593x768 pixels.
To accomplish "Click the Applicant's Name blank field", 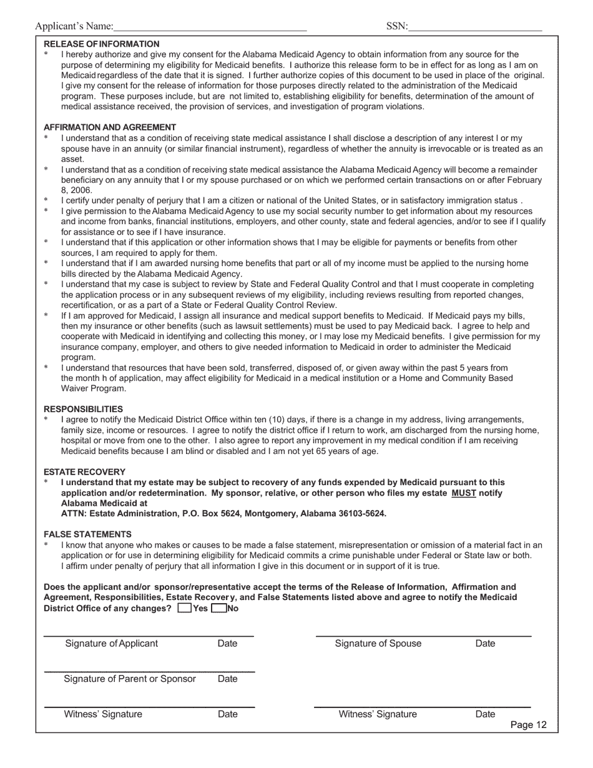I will point(210,26).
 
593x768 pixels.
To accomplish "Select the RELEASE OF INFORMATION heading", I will point(102,44).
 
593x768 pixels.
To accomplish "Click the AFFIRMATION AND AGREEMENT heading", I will point(110,127).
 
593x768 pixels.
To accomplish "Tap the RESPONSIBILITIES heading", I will point(83,409).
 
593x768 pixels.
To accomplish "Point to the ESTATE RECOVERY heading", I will point(84,472).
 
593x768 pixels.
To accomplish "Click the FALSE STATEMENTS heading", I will point(87,534).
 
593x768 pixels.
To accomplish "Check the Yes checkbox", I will point(185,609).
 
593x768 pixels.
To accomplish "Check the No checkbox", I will point(218,609).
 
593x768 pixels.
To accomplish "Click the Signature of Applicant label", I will point(112,644).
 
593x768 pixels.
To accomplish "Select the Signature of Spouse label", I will point(378,644).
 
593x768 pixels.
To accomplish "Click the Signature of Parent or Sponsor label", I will point(130,679).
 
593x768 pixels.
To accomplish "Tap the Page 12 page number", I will point(528,725).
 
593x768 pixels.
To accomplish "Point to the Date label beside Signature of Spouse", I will point(485,644).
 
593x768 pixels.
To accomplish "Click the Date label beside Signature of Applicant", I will point(227,644).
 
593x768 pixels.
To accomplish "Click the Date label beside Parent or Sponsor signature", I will point(227,679).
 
